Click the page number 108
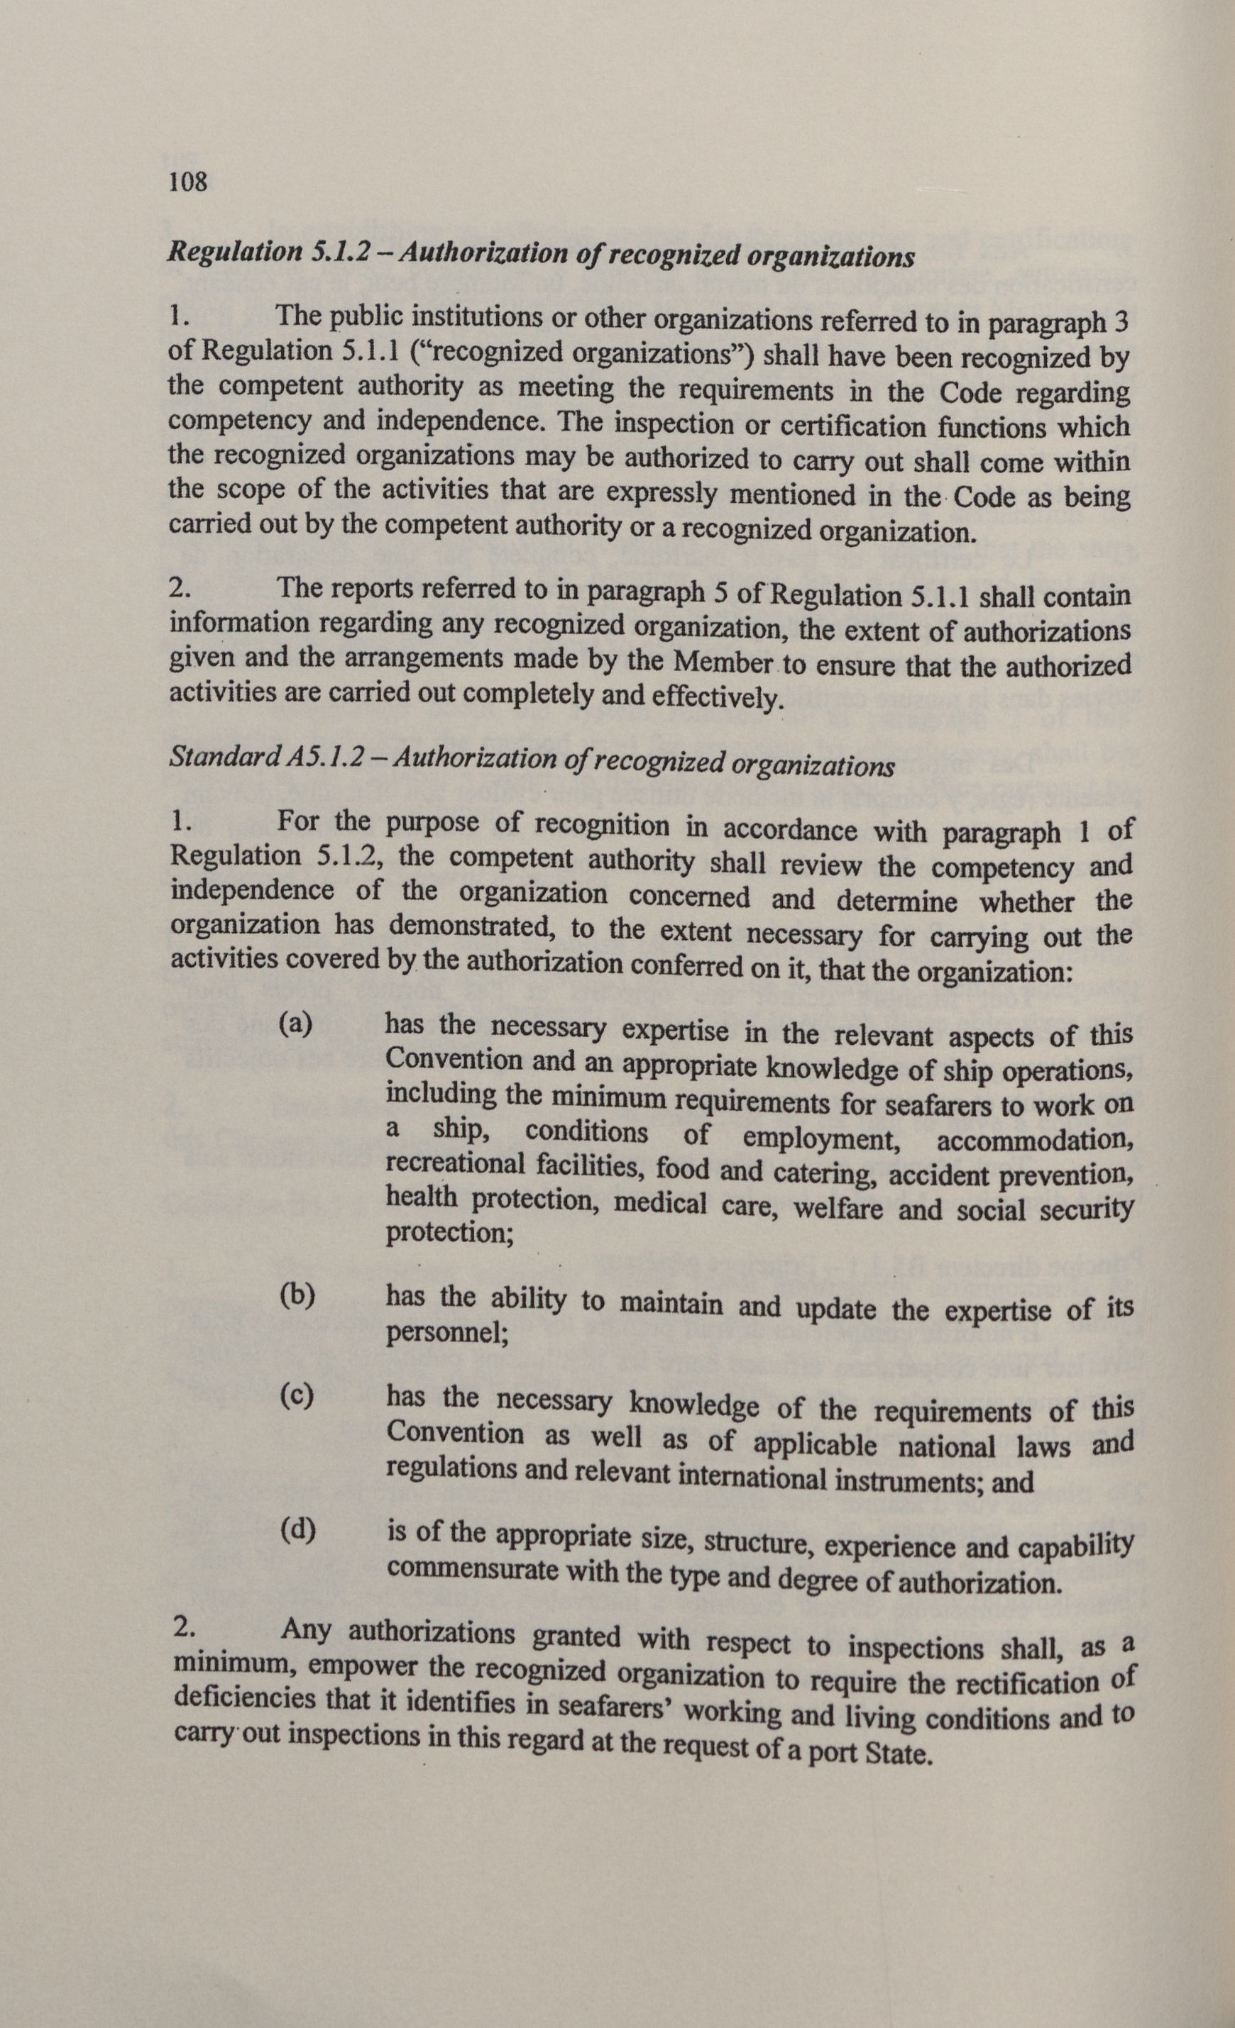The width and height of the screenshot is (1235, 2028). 187,181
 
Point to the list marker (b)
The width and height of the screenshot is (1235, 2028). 297,1295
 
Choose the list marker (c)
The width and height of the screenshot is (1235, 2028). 297,1396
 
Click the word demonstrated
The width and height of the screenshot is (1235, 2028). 469,927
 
